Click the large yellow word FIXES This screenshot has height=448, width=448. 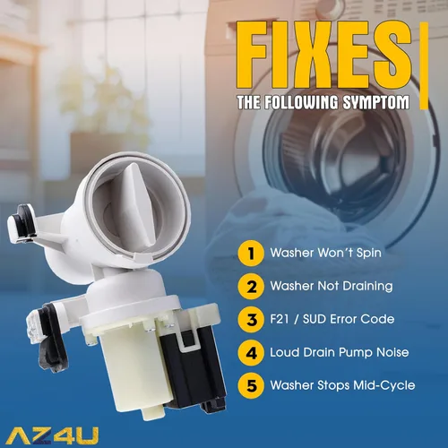click(x=324, y=56)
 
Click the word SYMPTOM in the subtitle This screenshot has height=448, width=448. click(x=375, y=102)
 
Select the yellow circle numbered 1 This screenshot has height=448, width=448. click(x=251, y=254)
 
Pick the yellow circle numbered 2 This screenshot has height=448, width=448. click(x=251, y=287)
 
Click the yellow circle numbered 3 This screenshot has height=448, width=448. click(x=251, y=320)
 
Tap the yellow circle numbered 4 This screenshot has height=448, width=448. click(x=251, y=353)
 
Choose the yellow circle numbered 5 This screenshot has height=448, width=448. click(x=251, y=385)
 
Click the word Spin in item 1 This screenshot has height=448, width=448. click(x=369, y=254)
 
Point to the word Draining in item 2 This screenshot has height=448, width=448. click(x=367, y=287)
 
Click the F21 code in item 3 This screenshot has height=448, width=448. click(x=280, y=319)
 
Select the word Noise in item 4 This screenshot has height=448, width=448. click(x=392, y=352)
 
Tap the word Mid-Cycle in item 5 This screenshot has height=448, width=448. click(x=384, y=386)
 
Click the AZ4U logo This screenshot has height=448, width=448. click(x=52, y=436)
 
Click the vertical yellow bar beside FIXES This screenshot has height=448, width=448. click(x=424, y=65)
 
